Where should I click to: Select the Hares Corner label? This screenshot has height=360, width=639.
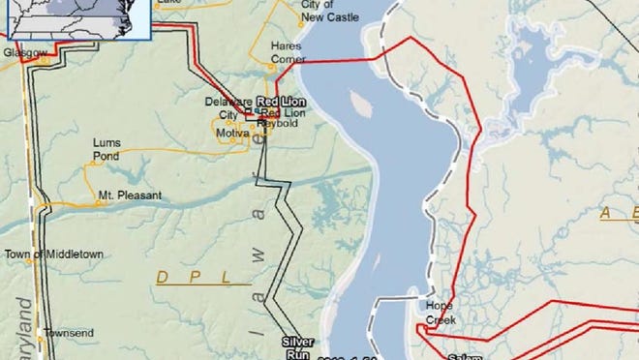[287, 52]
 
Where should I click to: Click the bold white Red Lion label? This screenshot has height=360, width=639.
[280, 102]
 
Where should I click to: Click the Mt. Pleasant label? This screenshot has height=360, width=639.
[129, 195]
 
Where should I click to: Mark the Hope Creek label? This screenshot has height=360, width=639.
[441, 313]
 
